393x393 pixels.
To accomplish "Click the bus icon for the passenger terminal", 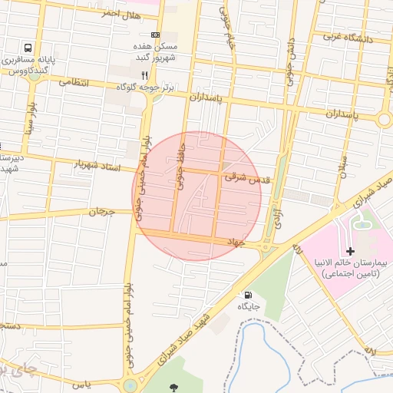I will [x=28, y=48].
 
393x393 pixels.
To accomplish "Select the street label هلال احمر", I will [x=121, y=14].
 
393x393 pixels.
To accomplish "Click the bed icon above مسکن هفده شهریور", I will [x=156, y=35].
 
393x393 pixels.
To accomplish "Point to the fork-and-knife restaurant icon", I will [x=145, y=76].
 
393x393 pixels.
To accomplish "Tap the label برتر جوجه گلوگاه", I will [x=146, y=88].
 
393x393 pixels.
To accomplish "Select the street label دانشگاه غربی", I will [x=348, y=36].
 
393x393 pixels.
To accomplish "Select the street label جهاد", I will [x=234, y=242].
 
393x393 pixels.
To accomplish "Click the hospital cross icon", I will [x=351, y=251].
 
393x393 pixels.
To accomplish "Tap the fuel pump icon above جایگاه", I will [x=247, y=295].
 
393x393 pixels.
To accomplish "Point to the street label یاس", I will [x=82, y=383].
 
